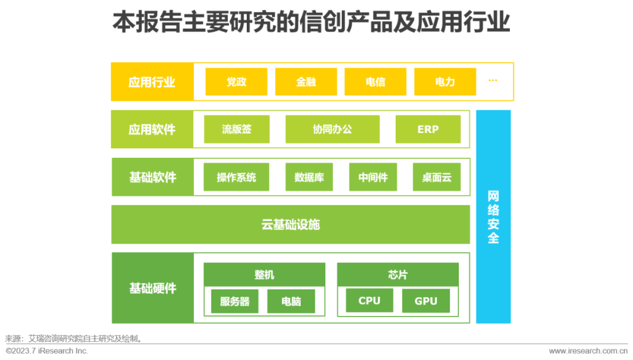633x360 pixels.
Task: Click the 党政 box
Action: click(x=236, y=82)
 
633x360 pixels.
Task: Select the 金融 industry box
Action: click(x=306, y=82)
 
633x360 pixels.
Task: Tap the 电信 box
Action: click(x=375, y=82)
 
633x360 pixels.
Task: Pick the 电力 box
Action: click(x=445, y=82)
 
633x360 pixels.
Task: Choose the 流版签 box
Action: click(x=237, y=130)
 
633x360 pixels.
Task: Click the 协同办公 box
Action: click(x=332, y=130)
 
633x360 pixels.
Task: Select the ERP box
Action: click(x=428, y=130)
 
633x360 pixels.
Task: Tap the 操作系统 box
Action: click(x=236, y=177)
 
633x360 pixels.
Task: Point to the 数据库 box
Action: click(x=309, y=177)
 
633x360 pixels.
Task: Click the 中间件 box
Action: click(x=373, y=177)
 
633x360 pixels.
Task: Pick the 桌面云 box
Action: click(x=437, y=177)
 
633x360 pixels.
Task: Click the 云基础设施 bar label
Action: click(x=291, y=225)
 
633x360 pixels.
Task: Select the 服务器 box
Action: click(x=234, y=301)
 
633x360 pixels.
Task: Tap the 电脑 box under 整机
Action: click(x=291, y=301)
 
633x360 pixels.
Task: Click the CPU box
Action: click(x=369, y=301)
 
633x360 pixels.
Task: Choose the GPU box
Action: click(x=426, y=301)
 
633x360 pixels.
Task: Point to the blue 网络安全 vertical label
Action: click(x=494, y=217)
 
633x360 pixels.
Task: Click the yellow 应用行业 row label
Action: click(x=152, y=82)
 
